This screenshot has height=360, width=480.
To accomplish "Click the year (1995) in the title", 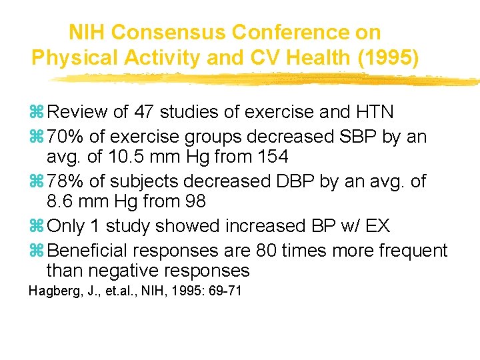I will pos(389,58).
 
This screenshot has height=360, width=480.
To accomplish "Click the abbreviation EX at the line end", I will pos(377,227).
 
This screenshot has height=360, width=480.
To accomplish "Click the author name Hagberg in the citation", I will pos(51,291).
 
